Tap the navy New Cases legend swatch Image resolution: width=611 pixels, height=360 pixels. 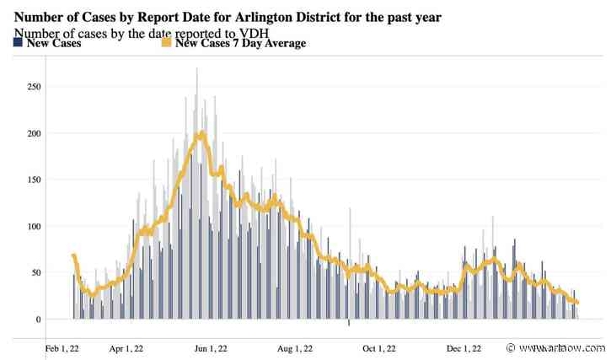(x=19, y=43)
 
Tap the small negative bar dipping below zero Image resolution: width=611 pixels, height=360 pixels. (x=349, y=322)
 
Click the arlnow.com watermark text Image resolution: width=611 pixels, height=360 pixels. (x=563, y=347)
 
